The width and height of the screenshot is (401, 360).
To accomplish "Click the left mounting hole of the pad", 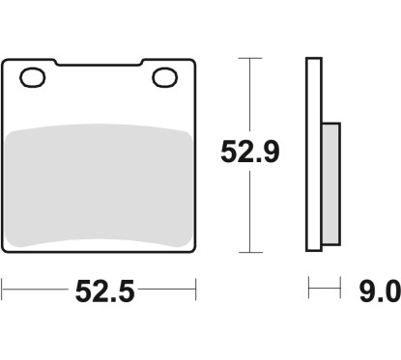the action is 33,77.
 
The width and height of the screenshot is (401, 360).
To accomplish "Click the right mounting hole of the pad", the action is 164,77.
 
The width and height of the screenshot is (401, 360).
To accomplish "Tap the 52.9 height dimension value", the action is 250,152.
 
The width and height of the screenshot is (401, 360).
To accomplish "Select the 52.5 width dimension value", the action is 104,291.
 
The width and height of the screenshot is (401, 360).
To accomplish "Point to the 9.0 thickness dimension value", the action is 380,291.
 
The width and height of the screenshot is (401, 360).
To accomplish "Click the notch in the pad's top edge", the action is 99,63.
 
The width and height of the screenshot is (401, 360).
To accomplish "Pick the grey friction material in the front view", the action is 99,185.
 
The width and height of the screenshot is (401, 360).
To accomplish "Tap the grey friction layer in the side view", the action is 330,184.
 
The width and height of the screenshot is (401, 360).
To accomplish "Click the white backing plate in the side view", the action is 314,154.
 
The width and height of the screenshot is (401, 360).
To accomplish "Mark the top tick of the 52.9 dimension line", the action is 250,58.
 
